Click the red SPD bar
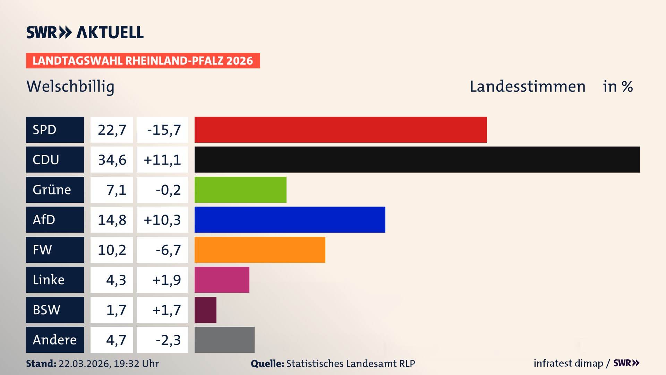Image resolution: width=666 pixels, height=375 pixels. pos(341,130)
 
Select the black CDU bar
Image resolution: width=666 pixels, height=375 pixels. pos(417,159)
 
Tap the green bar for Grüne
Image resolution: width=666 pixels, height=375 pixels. pos(240,190)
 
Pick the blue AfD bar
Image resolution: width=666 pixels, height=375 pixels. pos(290,219)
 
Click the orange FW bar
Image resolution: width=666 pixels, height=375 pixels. pos(260,250)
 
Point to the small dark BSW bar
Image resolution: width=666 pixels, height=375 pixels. pos(205,310)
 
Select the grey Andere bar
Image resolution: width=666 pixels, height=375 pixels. pos(224,340)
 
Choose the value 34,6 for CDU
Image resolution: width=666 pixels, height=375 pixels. pos(112,160)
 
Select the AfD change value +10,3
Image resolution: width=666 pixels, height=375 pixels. pos(162,219)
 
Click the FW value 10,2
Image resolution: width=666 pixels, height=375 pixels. pos(112,250)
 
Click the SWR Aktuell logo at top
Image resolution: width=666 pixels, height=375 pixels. pos(85,32)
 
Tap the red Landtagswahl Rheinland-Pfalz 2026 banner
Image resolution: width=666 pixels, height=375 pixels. pos(143,60)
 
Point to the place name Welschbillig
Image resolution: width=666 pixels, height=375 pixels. pos(70,86)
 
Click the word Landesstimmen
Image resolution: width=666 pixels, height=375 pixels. pos(527,86)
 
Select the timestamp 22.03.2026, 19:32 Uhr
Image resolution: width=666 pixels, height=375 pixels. pos(109,364)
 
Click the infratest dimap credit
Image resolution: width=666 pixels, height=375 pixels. pos(568,363)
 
